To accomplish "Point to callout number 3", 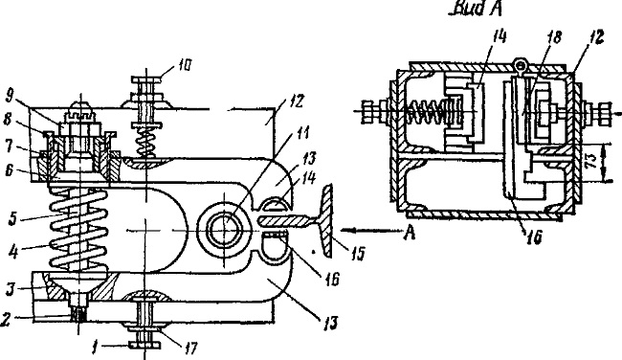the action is coord(10,290).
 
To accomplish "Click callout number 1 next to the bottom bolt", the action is coord(95,349).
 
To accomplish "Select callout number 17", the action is coord(190,349).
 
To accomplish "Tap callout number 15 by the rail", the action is coord(358,254).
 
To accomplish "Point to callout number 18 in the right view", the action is coord(555,37).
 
